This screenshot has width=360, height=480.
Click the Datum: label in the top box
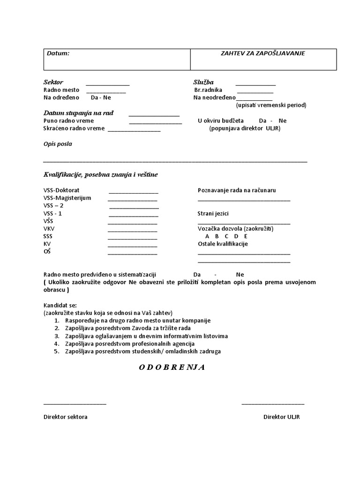(x=58, y=53)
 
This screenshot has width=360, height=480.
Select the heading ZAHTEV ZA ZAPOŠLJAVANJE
(x=262, y=53)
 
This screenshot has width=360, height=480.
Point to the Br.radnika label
(x=208, y=90)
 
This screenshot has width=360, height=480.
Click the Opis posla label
(x=58, y=144)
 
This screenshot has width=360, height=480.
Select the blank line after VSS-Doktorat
(x=134, y=193)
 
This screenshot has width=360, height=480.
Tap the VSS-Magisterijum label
(x=67, y=198)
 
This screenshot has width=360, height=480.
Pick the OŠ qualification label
(x=47, y=252)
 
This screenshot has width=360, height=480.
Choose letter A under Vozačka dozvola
(x=207, y=236)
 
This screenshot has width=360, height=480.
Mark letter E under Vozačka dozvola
(x=246, y=236)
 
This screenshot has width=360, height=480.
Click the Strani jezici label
(x=213, y=214)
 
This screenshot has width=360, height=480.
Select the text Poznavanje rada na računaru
(x=237, y=190)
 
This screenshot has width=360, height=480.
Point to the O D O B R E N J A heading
(x=172, y=367)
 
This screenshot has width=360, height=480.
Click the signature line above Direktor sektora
(x=75, y=403)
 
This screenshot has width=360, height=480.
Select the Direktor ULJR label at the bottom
(x=281, y=417)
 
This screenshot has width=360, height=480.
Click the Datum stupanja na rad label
(x=78, y=113)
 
